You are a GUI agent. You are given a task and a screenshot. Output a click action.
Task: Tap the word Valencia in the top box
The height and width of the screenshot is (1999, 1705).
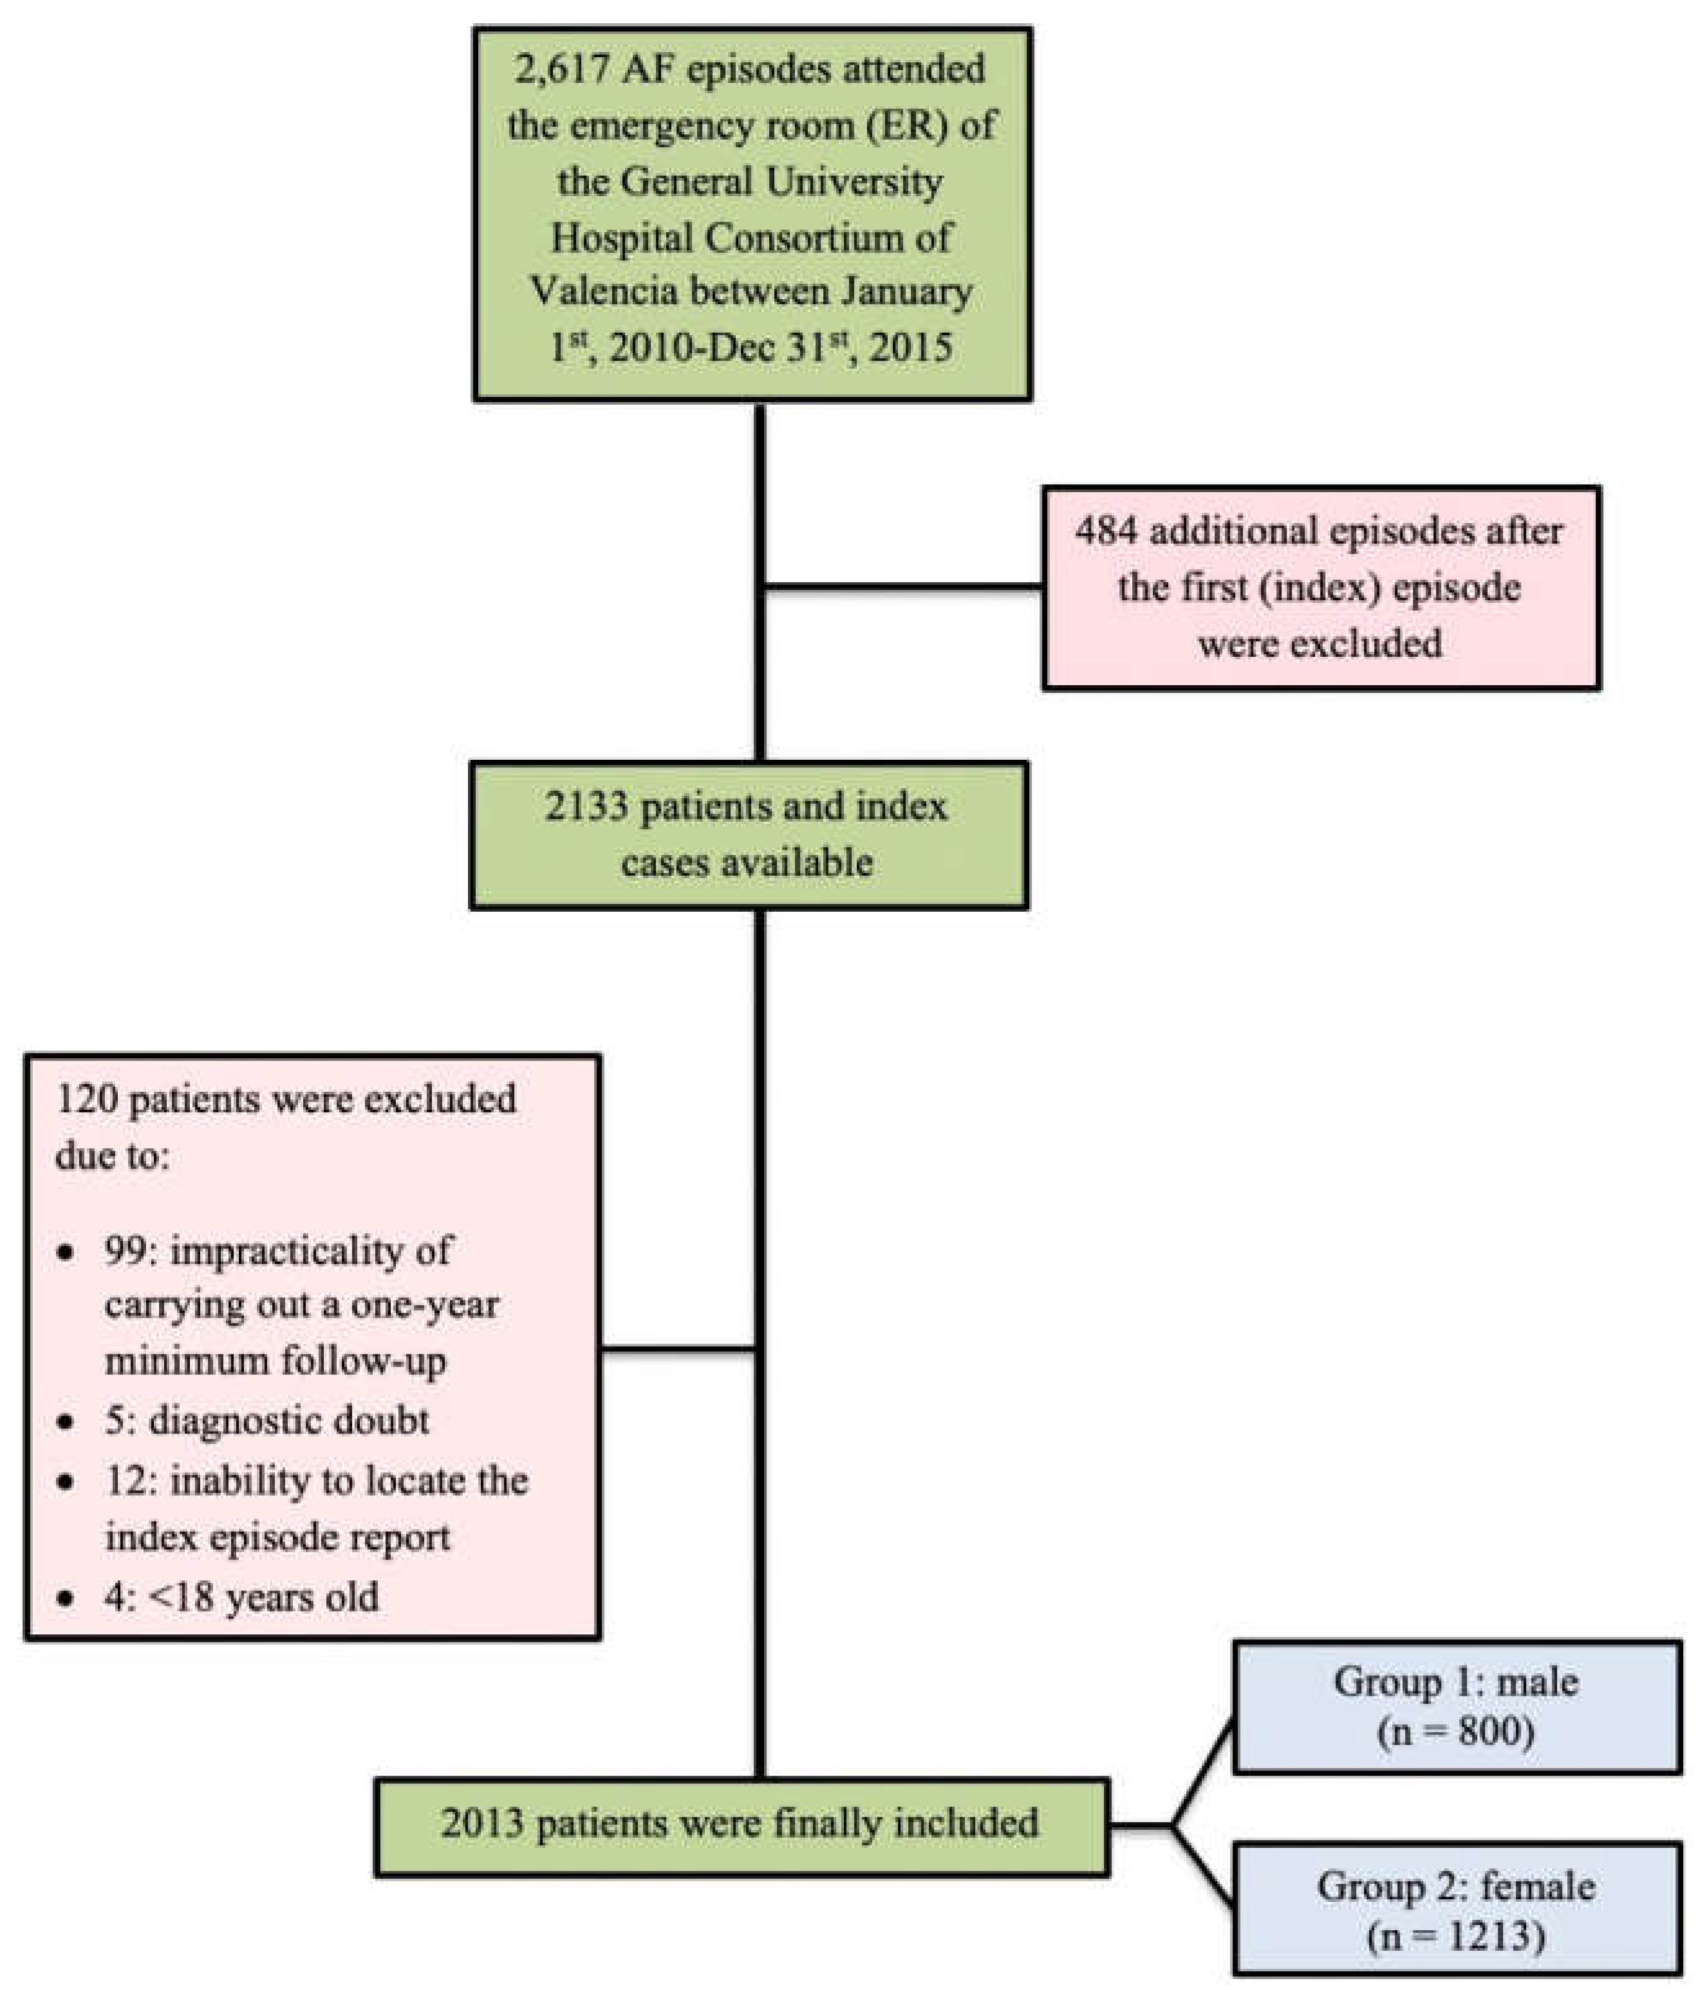point(603,291)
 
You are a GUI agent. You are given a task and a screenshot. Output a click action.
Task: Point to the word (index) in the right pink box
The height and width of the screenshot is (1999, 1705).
point(1319,587)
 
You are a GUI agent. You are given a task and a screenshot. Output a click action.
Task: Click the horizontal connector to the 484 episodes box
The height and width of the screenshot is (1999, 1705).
point(902,585)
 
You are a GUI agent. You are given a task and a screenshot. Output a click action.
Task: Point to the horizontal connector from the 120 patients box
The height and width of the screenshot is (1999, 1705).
point(675,1348)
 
